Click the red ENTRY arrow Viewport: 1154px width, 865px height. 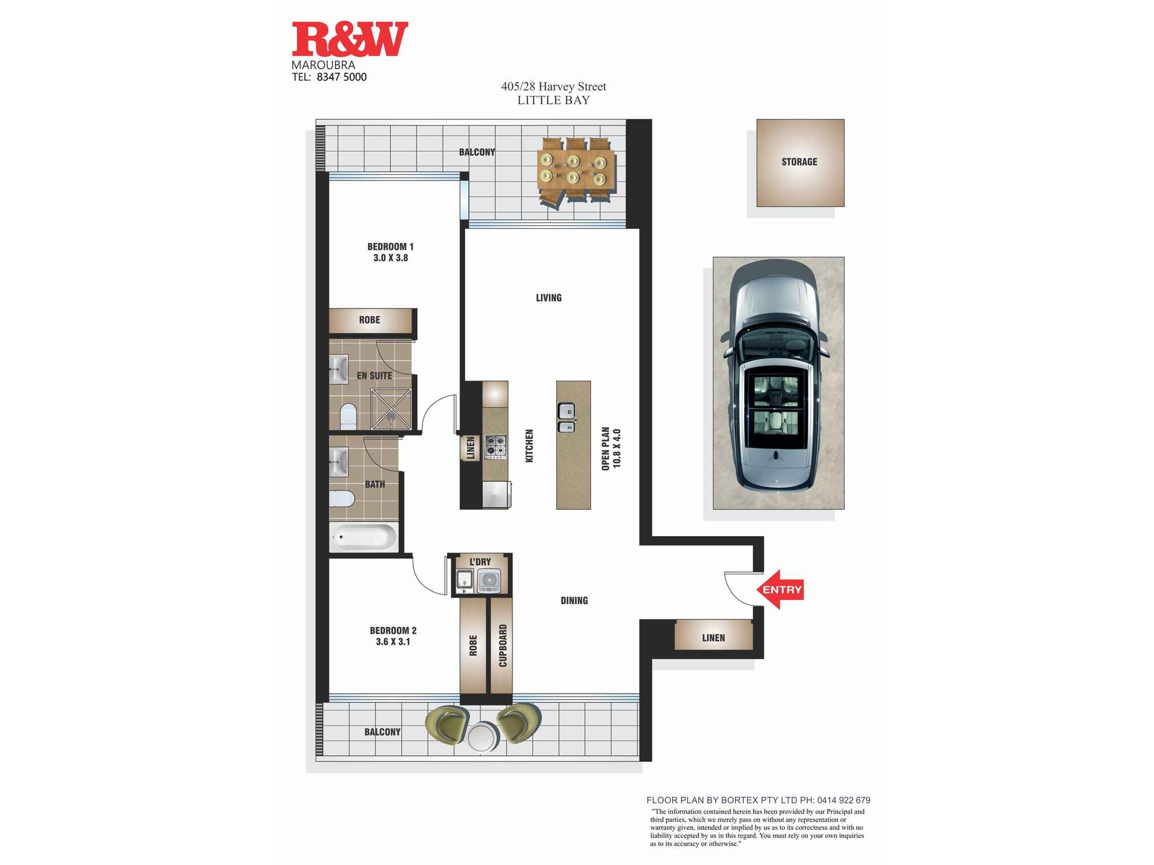pyautogui.click(x=780, y=589)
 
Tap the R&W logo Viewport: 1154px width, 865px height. pyautogui.click(x=350, y=39)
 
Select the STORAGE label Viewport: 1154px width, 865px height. pyautogui.click(x=799, y=162)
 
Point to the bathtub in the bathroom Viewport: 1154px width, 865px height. pyautogui.click(x=364, y=537)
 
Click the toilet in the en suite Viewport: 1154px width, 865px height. pyautogui.click(x=348, y=416)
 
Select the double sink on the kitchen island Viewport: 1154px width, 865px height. pyautogui.click(x=566, y=418)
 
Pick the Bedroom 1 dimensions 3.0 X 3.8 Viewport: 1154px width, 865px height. pyautogui.click(x=391, y=258)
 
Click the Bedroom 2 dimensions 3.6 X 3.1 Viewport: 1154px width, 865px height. pyautogui.click(x=393, y=642)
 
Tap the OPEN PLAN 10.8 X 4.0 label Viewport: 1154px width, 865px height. pyautogui.click(x=611, y=449)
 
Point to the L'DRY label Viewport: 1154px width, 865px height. pyautogui.click(x=480, y=562)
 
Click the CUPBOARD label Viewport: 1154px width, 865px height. pyautogui.click(x=503, y=646)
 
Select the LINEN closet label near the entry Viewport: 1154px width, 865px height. pyautogui.click(x=713, y=638)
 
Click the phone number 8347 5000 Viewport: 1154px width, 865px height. pyautogui.click(x=342, y=77)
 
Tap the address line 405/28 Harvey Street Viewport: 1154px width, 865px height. pyautogui.click(x=553, y=86)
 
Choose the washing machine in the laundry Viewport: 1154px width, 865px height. pyautogui.click(x=489, y=581)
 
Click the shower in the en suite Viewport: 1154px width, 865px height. pyautogui.click(x=391, y=409)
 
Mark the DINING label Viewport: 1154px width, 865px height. pyautogui.click(x=574, y=601)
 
